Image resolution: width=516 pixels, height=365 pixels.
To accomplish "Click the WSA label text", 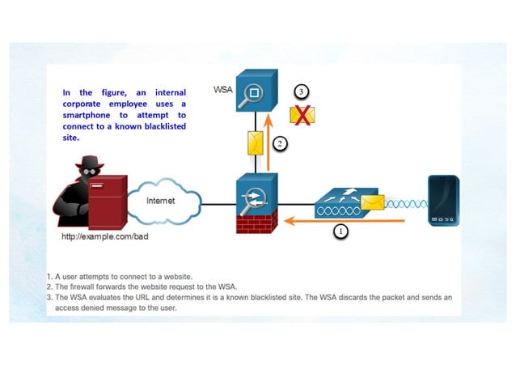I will [222, 90].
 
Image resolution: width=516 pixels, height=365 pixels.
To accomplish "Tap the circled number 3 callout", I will [301, 91].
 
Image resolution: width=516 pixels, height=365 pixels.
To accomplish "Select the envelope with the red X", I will [302, 115].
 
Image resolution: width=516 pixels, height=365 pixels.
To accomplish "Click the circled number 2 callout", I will [279, 144].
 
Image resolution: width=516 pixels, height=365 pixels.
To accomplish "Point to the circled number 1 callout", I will [340, 231].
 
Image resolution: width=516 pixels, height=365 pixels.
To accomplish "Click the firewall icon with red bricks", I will [256, 206].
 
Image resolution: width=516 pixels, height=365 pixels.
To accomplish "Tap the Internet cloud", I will [164, 201].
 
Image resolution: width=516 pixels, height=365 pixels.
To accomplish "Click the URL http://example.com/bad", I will [105, 238].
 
